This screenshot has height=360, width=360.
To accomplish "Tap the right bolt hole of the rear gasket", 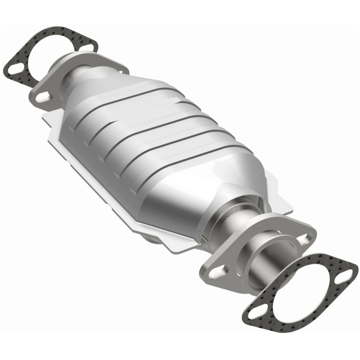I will point(90,45).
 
